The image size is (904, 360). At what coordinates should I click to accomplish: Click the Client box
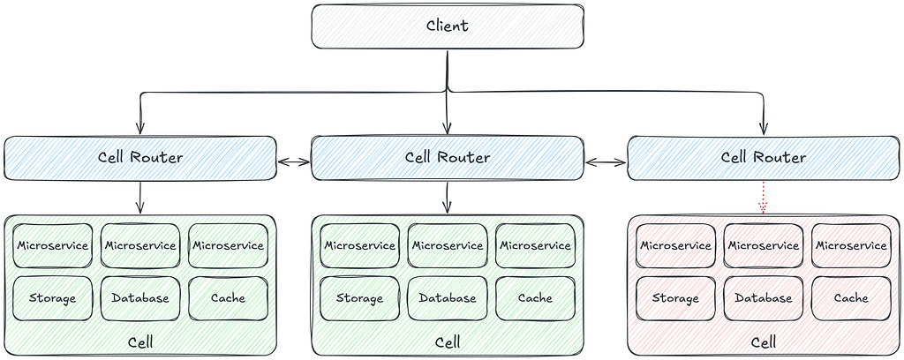click(448, 26)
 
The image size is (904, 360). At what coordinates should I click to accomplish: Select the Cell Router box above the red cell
click(764, 158)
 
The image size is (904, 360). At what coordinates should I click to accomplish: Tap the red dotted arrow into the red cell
click(764, 198)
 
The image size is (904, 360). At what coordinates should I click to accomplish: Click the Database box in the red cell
click(763, 298)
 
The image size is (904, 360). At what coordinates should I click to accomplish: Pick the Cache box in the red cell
click(851, 298)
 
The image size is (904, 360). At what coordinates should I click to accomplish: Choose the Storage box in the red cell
click(675, 298)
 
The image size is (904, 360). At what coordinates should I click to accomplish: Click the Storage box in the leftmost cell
click(52, 298)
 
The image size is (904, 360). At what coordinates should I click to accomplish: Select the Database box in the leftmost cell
click(140, 298)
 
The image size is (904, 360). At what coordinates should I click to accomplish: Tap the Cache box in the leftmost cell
click(228, 298)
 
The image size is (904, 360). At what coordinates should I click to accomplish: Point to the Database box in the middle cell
click(448, 298)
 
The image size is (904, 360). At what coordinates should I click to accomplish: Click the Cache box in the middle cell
click(535, 298)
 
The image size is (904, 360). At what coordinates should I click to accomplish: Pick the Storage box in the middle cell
click(360, 298)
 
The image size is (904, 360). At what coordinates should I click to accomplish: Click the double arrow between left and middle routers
click(294, 162)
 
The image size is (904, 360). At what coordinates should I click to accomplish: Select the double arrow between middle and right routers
click(606, 163)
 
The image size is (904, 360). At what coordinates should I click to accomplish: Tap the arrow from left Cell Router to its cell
click(140, 198)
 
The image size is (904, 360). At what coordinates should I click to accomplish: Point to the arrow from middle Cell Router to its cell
click(448, 198)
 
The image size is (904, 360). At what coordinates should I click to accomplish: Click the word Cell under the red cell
click(764, 342)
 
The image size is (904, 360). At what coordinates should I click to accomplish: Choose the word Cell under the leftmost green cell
click(140, 342)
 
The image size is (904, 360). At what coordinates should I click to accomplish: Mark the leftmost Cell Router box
click(140, 158)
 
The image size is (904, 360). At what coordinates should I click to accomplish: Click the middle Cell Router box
click(448, 158)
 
